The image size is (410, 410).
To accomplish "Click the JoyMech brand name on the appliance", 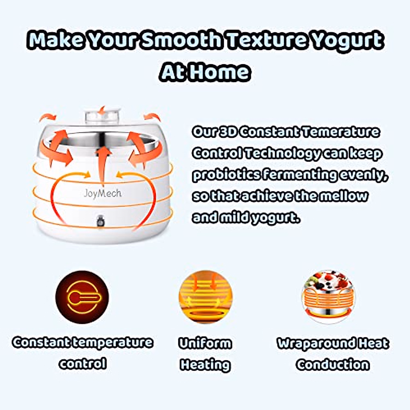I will pyautogui.click(x=102, y=193).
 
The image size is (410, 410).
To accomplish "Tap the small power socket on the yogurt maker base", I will pyautogui.click(x=100, y=222).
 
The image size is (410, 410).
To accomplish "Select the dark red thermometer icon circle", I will pyautogui.click(x=82, y=297).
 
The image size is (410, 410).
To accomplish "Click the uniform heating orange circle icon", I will pyautogui.click(x=205, y=297).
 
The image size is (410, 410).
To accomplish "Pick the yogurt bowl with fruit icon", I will pyautogui.click(x=328, y=297).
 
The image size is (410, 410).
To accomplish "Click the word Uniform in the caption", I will pyautogui.click(x=205, y=343).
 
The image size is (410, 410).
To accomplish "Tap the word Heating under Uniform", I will pyautogui.click(x=205, y=365).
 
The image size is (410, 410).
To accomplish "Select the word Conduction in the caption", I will pyautogui.click(x=333, y=365).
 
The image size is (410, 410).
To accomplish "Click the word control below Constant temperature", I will pyautogui.click(x=82, y=363).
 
